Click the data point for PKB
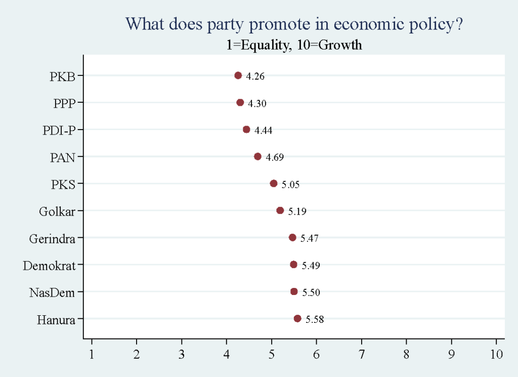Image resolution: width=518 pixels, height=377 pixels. [x=238, y=75]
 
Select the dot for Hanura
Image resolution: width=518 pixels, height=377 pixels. [x=297, y=318]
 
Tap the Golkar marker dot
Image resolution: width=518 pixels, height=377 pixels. [x=280, y=211]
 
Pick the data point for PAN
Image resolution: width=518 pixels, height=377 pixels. [x=257, y=156]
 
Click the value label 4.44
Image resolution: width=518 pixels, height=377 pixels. [x=264, y=131]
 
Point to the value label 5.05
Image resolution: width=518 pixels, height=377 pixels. [x=291, y=185]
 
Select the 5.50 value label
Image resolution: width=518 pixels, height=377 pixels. [x=311, y=292]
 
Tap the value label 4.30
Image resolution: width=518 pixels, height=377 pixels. [x=257, y=104]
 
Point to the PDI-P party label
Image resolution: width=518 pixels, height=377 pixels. [x=59, y=131]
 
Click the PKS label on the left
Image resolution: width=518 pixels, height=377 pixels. [x=63, y=184]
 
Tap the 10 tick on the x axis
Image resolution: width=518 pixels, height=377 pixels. [x=497, y=354]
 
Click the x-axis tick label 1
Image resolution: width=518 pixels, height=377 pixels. [x=92, y=354]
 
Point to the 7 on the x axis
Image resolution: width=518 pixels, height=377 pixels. [x=362, y=354]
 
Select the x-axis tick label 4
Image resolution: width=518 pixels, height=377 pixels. [x=227, y=354]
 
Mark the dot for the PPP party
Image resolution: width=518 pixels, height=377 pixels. [x=240, y=103]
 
